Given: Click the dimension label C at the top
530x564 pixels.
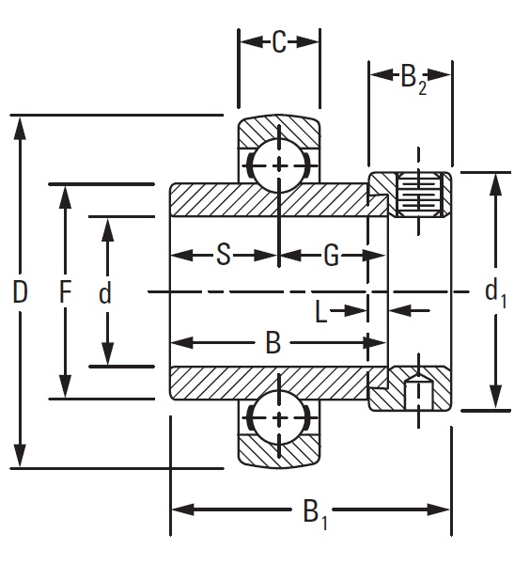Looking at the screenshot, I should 278,43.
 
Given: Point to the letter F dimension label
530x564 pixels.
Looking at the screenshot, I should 65,292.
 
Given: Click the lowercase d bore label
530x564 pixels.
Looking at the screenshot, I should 105,293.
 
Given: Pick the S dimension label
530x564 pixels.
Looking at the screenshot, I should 223,255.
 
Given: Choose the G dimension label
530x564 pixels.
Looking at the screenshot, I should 331,255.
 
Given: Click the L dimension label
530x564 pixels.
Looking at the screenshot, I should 322,311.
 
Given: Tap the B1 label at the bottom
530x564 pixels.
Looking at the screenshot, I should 315,513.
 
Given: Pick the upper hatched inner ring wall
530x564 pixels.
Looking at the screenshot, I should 268,200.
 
